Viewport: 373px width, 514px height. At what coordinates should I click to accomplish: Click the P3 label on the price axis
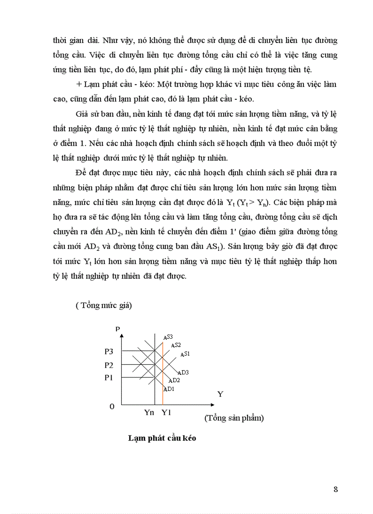click(x=108, y=352)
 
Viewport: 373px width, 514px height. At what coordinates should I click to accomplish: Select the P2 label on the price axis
click(x=108, y=365)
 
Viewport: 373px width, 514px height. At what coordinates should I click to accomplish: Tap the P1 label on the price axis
click(x=108, y=378)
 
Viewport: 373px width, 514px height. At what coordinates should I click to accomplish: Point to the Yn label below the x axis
click(x=149, y=412)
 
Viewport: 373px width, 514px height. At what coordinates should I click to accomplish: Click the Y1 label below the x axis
click(x=166, y=412)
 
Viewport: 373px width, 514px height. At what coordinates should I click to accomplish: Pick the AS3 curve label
click(x=168, y=337)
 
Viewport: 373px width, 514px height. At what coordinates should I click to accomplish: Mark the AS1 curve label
click(x=185, y=354)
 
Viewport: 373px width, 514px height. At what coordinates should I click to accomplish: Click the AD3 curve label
click(x=183, y=373)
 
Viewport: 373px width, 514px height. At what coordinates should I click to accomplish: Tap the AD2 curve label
click(x=174, y=380)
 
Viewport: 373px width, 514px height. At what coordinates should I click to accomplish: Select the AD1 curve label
click(x=169, y=389)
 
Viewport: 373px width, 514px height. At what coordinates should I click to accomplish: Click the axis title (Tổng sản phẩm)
click(x=234, y=418)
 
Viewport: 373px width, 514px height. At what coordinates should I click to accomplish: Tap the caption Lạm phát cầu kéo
click(x=162, y=438)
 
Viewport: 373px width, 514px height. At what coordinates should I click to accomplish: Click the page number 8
click(x=336, y=489)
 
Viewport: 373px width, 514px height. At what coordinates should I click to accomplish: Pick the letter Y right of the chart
click(x=220, y=394)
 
